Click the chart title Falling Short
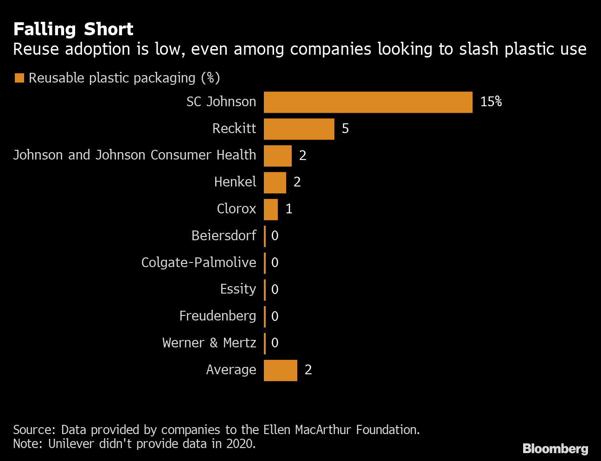[x=73, y=29]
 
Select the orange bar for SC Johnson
[x=368, y=102]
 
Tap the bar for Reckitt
[x=299, y=129]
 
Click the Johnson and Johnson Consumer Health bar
[x=277, y=156]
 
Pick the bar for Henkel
[x=275, y=183]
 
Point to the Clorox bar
[x=270, y=210]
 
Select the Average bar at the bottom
[x=280, y=371]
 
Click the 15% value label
[x=491, y=102]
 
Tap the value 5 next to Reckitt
[x=345, y=129]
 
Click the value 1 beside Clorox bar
[x=289, y=210]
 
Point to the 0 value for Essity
[x=275, y=290]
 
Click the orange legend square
[x=19, y=78]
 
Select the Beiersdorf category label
[x=224, y=236]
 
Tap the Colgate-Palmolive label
[x=198, y=263]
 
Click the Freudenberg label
[x=217, y=316]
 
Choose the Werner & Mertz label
[x=209, y=343]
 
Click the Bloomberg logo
[x=555, y=448]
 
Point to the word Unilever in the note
[x=70, y=444]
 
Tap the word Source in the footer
[x=33, y=430]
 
